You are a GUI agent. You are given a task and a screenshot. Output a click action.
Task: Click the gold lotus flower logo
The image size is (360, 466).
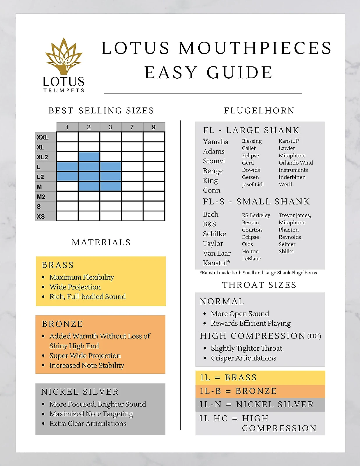63,57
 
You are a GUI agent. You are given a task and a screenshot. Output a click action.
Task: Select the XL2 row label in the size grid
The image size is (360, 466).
43,157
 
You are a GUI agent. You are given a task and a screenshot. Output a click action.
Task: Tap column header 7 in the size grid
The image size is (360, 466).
132,127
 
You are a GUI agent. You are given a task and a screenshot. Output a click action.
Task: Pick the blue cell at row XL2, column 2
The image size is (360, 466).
89,157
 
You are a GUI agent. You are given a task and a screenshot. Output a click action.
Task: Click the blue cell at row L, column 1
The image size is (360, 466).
67,167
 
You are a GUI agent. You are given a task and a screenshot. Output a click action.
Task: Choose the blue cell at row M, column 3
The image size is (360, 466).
110,186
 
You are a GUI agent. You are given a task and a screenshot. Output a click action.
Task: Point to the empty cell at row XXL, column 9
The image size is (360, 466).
154,137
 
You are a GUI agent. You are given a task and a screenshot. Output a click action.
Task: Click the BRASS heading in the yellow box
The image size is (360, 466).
58,265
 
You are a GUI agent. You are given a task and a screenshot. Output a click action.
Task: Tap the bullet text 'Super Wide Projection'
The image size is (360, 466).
85,356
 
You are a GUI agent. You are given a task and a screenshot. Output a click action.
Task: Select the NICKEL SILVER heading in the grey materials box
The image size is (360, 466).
80,392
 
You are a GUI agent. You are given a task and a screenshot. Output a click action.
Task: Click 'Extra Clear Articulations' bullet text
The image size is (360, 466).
88,423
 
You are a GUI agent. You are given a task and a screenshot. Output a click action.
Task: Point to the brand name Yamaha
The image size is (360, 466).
216,142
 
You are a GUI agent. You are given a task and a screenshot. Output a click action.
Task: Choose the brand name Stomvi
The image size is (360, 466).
214,161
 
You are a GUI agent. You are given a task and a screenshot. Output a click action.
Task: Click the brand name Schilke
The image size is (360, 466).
214,234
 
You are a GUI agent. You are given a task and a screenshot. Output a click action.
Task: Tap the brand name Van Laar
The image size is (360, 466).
217,253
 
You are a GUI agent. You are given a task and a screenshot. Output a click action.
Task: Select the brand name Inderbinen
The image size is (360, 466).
292,177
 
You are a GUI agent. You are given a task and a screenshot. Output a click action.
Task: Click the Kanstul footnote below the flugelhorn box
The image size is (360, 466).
258,273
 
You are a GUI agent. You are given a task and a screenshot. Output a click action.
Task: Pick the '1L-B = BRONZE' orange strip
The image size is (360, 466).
260,391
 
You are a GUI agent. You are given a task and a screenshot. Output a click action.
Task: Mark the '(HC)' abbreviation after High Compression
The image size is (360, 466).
314,336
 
